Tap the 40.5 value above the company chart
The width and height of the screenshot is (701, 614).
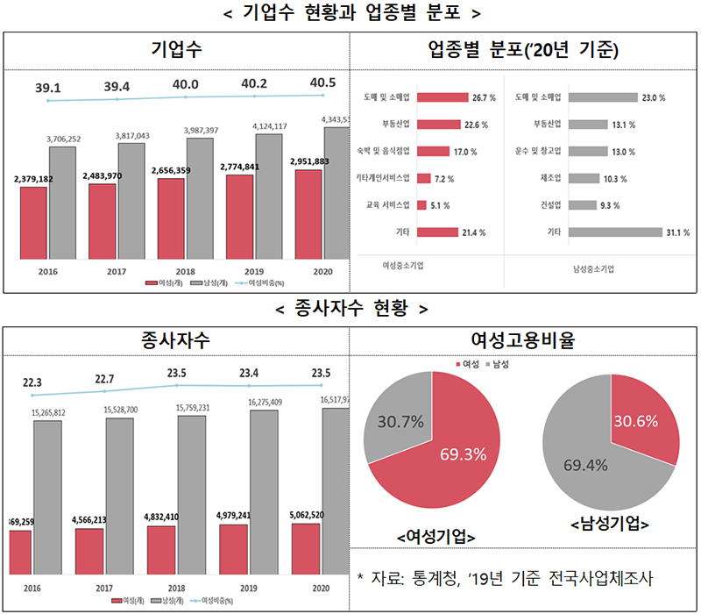click(322, 83)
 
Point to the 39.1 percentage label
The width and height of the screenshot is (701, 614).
click(48, 87)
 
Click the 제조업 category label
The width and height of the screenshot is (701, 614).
click(550, 178)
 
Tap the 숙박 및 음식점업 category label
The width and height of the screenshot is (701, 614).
click(386, 151)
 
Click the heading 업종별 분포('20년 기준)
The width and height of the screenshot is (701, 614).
click(524, 50)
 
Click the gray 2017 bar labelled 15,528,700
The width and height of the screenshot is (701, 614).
click(120, 493)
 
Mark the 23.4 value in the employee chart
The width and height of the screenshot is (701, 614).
click(254, 371)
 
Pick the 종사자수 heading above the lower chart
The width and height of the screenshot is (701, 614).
click(176, 340)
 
